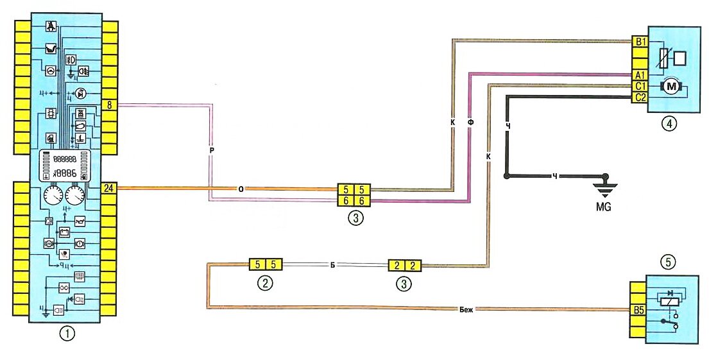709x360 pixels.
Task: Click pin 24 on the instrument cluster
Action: point(110,188)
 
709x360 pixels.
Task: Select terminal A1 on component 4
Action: point(639,74)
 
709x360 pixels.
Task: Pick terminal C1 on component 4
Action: point(639,86)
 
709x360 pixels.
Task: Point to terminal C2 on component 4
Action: point(639,98)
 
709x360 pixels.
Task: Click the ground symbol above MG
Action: point(602,185)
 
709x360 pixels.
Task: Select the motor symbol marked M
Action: point(671,86)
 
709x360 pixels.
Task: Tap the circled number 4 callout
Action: point(669,124)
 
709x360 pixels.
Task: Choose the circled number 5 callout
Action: point(669,262)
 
